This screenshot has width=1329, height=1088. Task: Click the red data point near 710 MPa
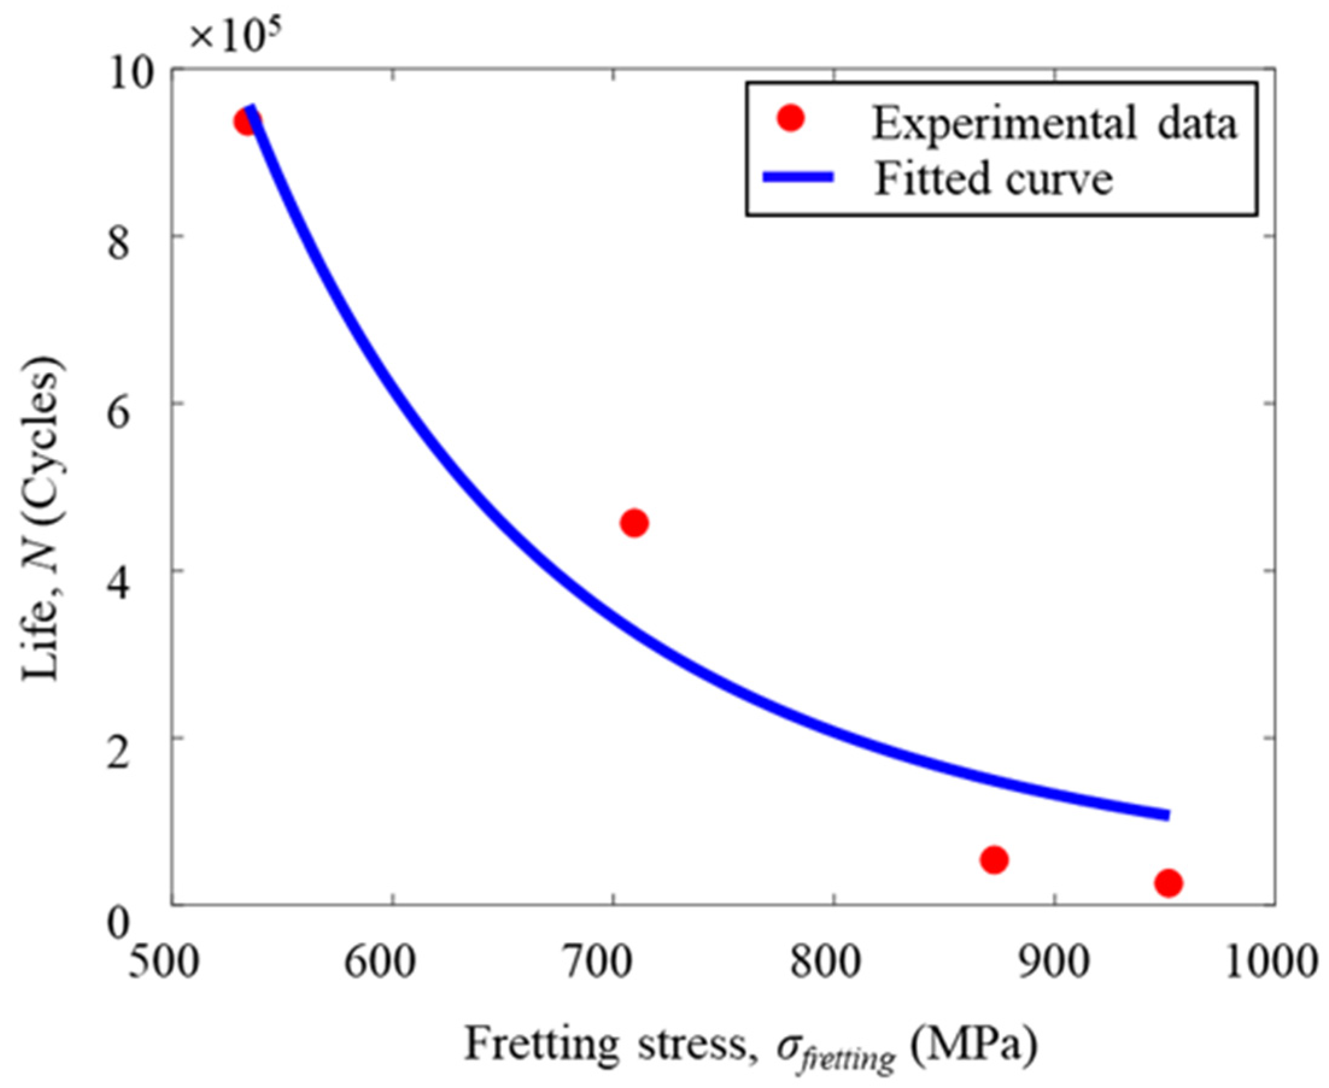634,523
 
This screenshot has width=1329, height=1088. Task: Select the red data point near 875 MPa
994,860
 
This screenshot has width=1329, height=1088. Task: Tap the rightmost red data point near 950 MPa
1168,884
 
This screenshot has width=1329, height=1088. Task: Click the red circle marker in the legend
791,118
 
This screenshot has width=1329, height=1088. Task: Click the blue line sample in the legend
798,177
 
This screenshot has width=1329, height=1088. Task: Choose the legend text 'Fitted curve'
994,178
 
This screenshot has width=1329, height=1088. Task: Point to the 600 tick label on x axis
380,963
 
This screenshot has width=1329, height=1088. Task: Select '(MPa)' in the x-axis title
973,1044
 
